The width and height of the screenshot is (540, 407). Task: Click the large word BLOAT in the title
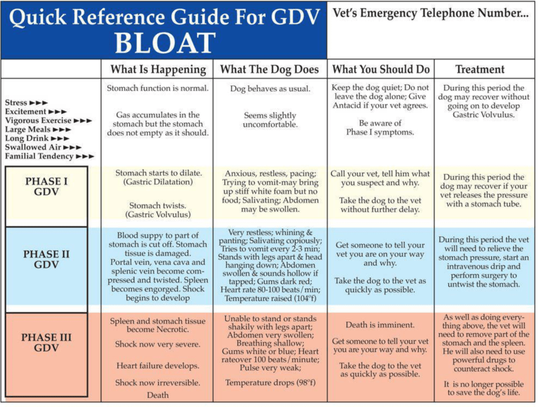pos(164,43)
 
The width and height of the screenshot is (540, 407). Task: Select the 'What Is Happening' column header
pos(158,69)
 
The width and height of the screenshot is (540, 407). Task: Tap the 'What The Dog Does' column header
pos(270,69)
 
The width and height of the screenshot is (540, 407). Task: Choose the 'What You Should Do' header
pos(381,69)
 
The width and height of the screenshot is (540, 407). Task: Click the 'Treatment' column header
pos(480,69)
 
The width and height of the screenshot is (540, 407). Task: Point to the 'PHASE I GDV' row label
pos(47,186)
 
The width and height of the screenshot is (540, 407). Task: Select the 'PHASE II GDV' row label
pos(47,259)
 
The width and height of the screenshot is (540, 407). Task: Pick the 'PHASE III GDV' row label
pos(47,342)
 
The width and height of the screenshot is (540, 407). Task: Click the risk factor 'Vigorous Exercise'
pos(39,121)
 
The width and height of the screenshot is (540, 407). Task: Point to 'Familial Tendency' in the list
pos(39,156)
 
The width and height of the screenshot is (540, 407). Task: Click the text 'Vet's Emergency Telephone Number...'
pos(431,14)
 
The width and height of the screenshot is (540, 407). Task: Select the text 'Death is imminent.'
pos(380,325)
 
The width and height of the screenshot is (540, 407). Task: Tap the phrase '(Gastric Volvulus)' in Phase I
pos(158,215)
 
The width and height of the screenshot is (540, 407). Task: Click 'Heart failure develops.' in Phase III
pos(158,365)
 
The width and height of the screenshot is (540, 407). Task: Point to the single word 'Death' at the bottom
pos(158,395)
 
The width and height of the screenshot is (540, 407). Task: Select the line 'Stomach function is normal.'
pos(158,88)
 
